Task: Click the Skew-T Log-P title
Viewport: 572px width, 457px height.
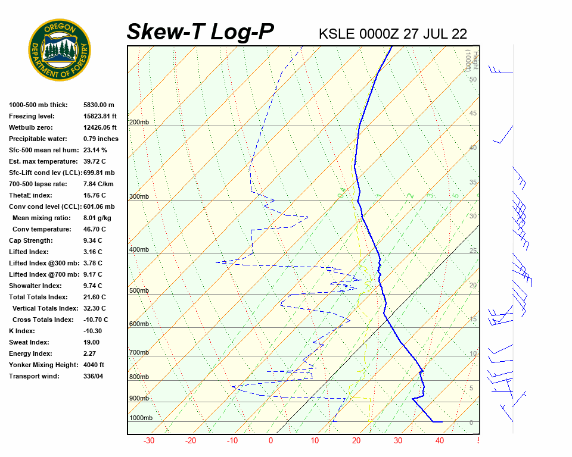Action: tap(200, 32)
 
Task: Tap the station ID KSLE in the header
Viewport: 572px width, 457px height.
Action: tap(337, 34)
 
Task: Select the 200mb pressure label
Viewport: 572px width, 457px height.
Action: tap(139, 123)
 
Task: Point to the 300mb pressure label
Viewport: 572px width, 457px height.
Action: tap(139, 196)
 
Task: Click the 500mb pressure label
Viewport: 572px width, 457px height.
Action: tap(139, 291)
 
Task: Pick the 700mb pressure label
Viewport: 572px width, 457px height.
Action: tap(139, 353)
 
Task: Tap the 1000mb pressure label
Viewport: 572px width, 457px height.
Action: tap(141, 418)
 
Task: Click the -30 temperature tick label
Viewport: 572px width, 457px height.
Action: tap(149, 441)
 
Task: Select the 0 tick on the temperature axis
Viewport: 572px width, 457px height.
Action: tap(271, 441)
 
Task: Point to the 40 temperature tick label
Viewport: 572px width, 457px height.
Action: tap(440, 441)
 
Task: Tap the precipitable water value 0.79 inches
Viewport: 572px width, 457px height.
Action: tap(101, 139)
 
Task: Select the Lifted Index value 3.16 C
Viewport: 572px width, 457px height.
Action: tap(92, 252)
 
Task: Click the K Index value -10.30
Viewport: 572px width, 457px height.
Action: tap(92, 331)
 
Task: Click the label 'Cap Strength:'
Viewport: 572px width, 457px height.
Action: tap(31, 240)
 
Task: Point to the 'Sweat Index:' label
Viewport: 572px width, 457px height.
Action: tap(29, 342)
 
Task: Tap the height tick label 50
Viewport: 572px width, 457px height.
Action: tap(472, 79)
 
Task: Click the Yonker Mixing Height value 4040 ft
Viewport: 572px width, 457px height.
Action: tap(94, 365)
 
